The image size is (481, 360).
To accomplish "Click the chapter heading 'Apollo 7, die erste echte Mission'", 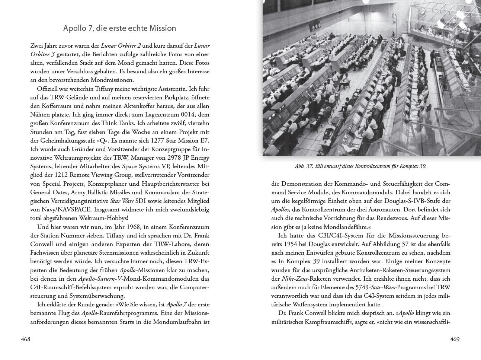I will [119, 28].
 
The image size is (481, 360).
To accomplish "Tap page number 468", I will [25, 339].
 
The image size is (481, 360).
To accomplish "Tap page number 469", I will [455, 339].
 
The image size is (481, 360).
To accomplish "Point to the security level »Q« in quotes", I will [101, 140].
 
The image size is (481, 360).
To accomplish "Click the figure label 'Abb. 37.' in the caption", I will [304, 166].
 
